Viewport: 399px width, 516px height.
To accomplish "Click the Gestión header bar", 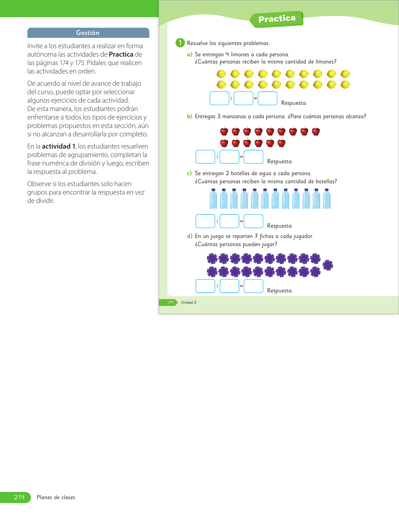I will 88,33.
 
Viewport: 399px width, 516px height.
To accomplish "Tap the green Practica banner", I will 277,19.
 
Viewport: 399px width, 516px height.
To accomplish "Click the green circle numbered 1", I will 180,43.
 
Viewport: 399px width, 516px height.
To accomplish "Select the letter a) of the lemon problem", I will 189,55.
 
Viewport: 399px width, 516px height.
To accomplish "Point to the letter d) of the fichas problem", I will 189,236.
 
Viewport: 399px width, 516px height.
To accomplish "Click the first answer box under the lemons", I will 219,98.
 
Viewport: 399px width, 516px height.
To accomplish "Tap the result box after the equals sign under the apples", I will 253,157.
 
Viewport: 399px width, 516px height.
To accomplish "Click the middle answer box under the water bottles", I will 229,221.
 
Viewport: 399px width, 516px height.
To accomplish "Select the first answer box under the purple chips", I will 205,286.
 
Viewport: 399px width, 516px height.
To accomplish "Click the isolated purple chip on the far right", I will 328,265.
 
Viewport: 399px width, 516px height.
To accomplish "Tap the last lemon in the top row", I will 345,74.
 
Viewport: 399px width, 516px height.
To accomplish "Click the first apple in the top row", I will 224,131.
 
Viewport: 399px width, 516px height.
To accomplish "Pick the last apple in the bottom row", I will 281,143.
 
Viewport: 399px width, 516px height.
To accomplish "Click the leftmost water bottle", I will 213,199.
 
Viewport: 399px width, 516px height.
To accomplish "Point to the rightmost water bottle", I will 326,199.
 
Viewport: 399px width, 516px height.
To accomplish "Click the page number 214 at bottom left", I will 19,497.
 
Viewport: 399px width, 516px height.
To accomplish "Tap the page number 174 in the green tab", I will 170,302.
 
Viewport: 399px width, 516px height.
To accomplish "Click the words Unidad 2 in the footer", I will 189,302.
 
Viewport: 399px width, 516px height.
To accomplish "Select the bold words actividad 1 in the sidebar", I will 59,146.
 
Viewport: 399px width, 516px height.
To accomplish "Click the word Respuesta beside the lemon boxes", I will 294,103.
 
